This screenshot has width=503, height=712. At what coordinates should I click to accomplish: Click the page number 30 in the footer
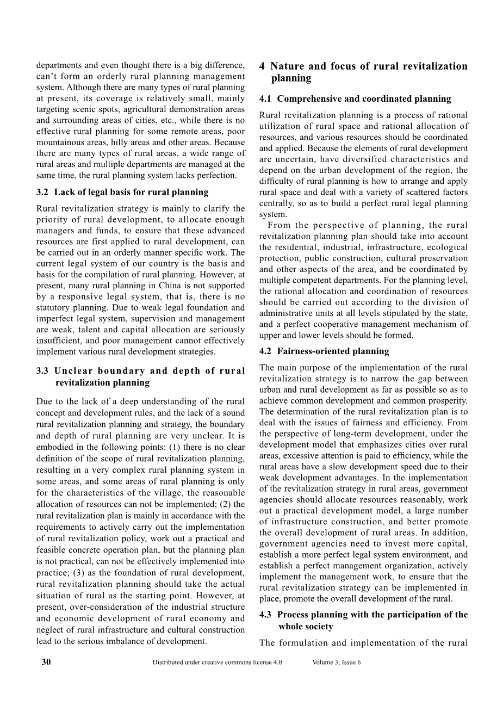point(46,662)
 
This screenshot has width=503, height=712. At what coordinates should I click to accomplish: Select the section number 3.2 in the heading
point(42,192)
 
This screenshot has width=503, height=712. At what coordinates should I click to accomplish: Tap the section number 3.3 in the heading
point(42,371)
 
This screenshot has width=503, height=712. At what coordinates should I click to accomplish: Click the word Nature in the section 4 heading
point(287,66)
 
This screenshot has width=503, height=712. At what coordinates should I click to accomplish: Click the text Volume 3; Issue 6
point(337,663)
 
